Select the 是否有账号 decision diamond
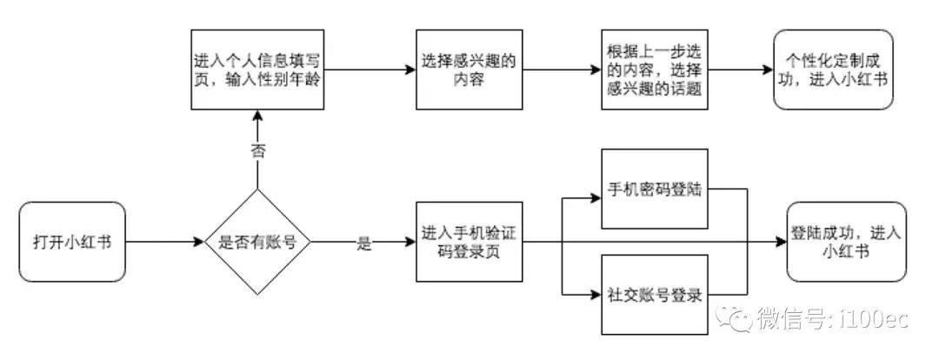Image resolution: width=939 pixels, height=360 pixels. pos(257,242)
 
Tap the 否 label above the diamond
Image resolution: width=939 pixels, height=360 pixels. pos(257,150)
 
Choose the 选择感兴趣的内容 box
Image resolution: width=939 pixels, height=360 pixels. pos(469,68)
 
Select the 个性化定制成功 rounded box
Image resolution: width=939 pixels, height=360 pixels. pos(833,68)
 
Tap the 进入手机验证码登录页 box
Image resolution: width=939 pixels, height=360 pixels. pos(469,242)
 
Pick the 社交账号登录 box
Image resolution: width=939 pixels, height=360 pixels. pos(655,294)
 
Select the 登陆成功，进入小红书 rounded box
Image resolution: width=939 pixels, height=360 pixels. pos(833,242)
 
